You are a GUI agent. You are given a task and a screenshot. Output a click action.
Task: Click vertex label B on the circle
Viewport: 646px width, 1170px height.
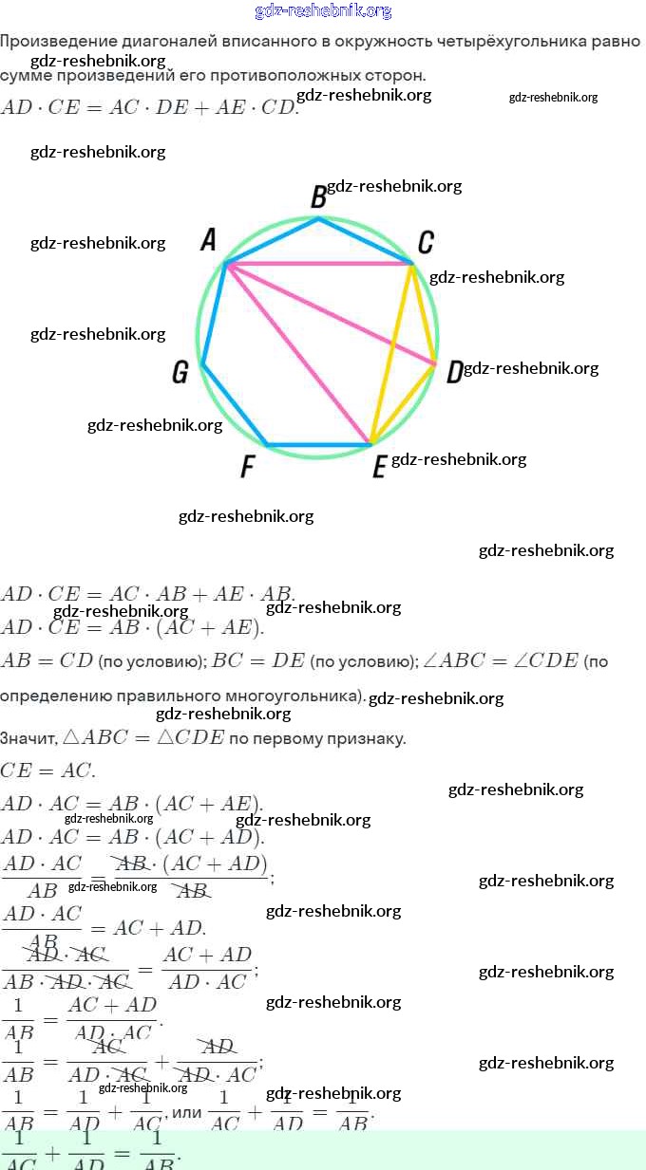coord(319,196)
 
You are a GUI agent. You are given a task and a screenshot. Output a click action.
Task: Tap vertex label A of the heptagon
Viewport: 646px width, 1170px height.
coord(208,240)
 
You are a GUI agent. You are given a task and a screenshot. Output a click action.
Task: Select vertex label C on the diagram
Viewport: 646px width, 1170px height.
coord(426,243)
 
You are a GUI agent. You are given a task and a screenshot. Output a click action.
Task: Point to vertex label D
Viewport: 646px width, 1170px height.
coord(454,372)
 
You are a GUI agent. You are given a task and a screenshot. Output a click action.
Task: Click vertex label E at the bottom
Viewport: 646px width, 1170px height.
coord(379,467)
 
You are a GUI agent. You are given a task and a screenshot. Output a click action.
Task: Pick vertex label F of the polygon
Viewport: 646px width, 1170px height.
coord(248,467)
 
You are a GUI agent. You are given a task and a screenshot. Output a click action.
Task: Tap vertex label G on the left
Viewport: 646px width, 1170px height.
coord(180,373)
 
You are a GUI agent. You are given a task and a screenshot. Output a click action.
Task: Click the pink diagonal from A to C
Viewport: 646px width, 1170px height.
coord(318,264)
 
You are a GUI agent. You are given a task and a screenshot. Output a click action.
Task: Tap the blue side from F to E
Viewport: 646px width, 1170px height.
coord(319,444)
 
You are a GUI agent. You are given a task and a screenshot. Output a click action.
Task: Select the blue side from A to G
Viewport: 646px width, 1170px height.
coord(214,313)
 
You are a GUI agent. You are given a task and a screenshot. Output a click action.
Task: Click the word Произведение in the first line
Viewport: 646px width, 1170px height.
coord(57,42)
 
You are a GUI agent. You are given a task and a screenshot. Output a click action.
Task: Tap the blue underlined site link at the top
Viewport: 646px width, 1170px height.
coord(323,11)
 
